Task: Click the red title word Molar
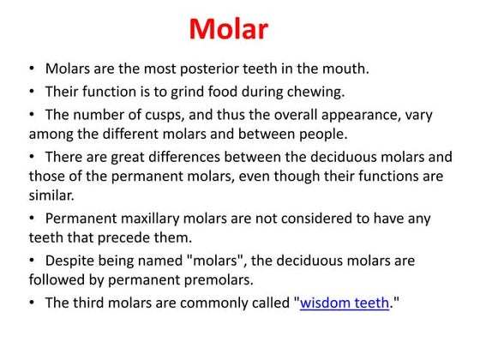[228, 30]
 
